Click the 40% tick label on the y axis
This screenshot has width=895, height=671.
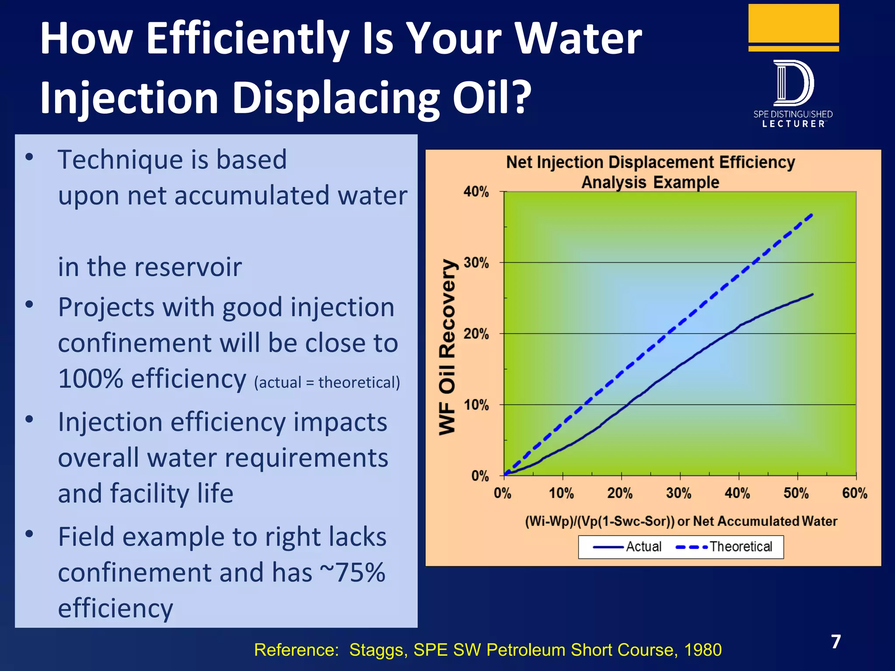[x=476, y=192]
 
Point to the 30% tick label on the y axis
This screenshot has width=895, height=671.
[x=476, y=263]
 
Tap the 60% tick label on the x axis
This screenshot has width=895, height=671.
[x=854, y=493]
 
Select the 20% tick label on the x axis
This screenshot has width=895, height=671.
[x=620, y=493]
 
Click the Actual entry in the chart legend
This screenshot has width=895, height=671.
[x=627, y=547]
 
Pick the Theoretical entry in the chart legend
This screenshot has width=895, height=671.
[x=725, y=547]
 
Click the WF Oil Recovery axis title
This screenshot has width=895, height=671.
[x=447, y=347]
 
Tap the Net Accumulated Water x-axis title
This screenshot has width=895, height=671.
[x=681, y=521]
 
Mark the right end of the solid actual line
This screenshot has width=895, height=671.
[x=812, y=294]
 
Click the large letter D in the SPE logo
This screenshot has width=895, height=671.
[x=793, y=83]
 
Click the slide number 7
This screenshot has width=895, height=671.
[x=836, y=642]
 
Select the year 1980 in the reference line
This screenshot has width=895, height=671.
[x=703, y=650]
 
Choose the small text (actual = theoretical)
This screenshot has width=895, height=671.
[x=327, y=383]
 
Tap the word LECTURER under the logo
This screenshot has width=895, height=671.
[x=793, y=124]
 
